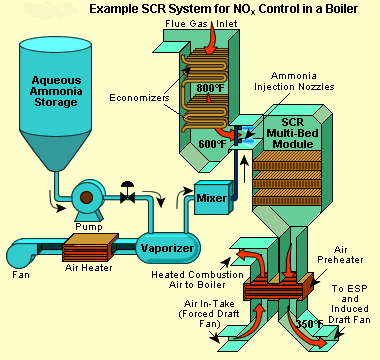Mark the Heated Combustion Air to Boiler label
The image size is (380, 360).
click(x=205, y=281)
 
